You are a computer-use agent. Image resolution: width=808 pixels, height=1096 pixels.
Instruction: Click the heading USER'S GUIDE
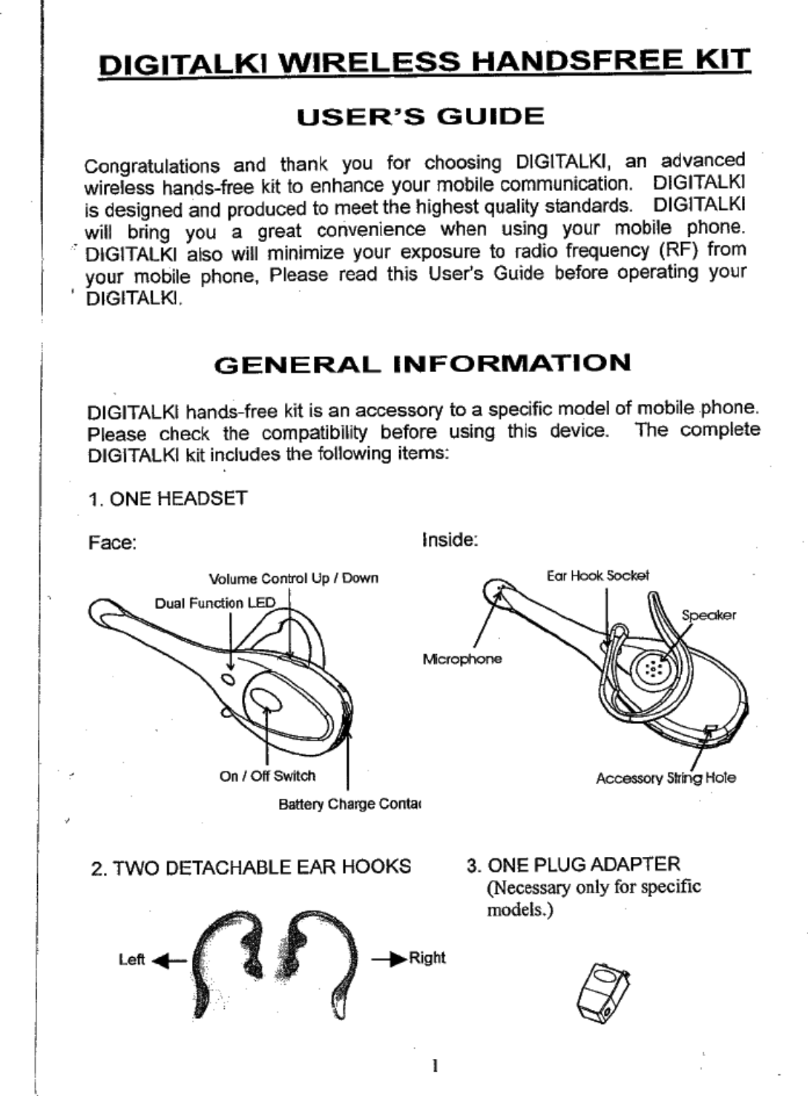click(420, 117)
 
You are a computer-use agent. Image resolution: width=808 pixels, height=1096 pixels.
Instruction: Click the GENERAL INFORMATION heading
click(422, 364)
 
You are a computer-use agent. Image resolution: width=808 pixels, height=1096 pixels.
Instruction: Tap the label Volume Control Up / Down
click(294, 578)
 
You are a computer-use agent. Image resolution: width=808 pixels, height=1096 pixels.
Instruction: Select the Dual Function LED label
click(214, 603)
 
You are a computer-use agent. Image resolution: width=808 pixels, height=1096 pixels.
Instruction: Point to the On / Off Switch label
click(267, 776)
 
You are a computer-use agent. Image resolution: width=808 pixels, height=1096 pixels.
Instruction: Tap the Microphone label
click(462, 659)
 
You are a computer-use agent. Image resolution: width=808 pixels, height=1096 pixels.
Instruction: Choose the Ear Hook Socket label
click(597, 575)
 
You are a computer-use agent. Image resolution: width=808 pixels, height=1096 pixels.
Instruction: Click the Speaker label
click(709, 616)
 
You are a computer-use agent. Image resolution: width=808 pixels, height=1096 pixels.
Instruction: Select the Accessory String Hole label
click(666, 778)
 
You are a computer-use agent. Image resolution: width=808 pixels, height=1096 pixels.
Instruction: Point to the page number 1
click(434, 1066)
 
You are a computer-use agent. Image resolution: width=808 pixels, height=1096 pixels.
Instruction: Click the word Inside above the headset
click(449, 540)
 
